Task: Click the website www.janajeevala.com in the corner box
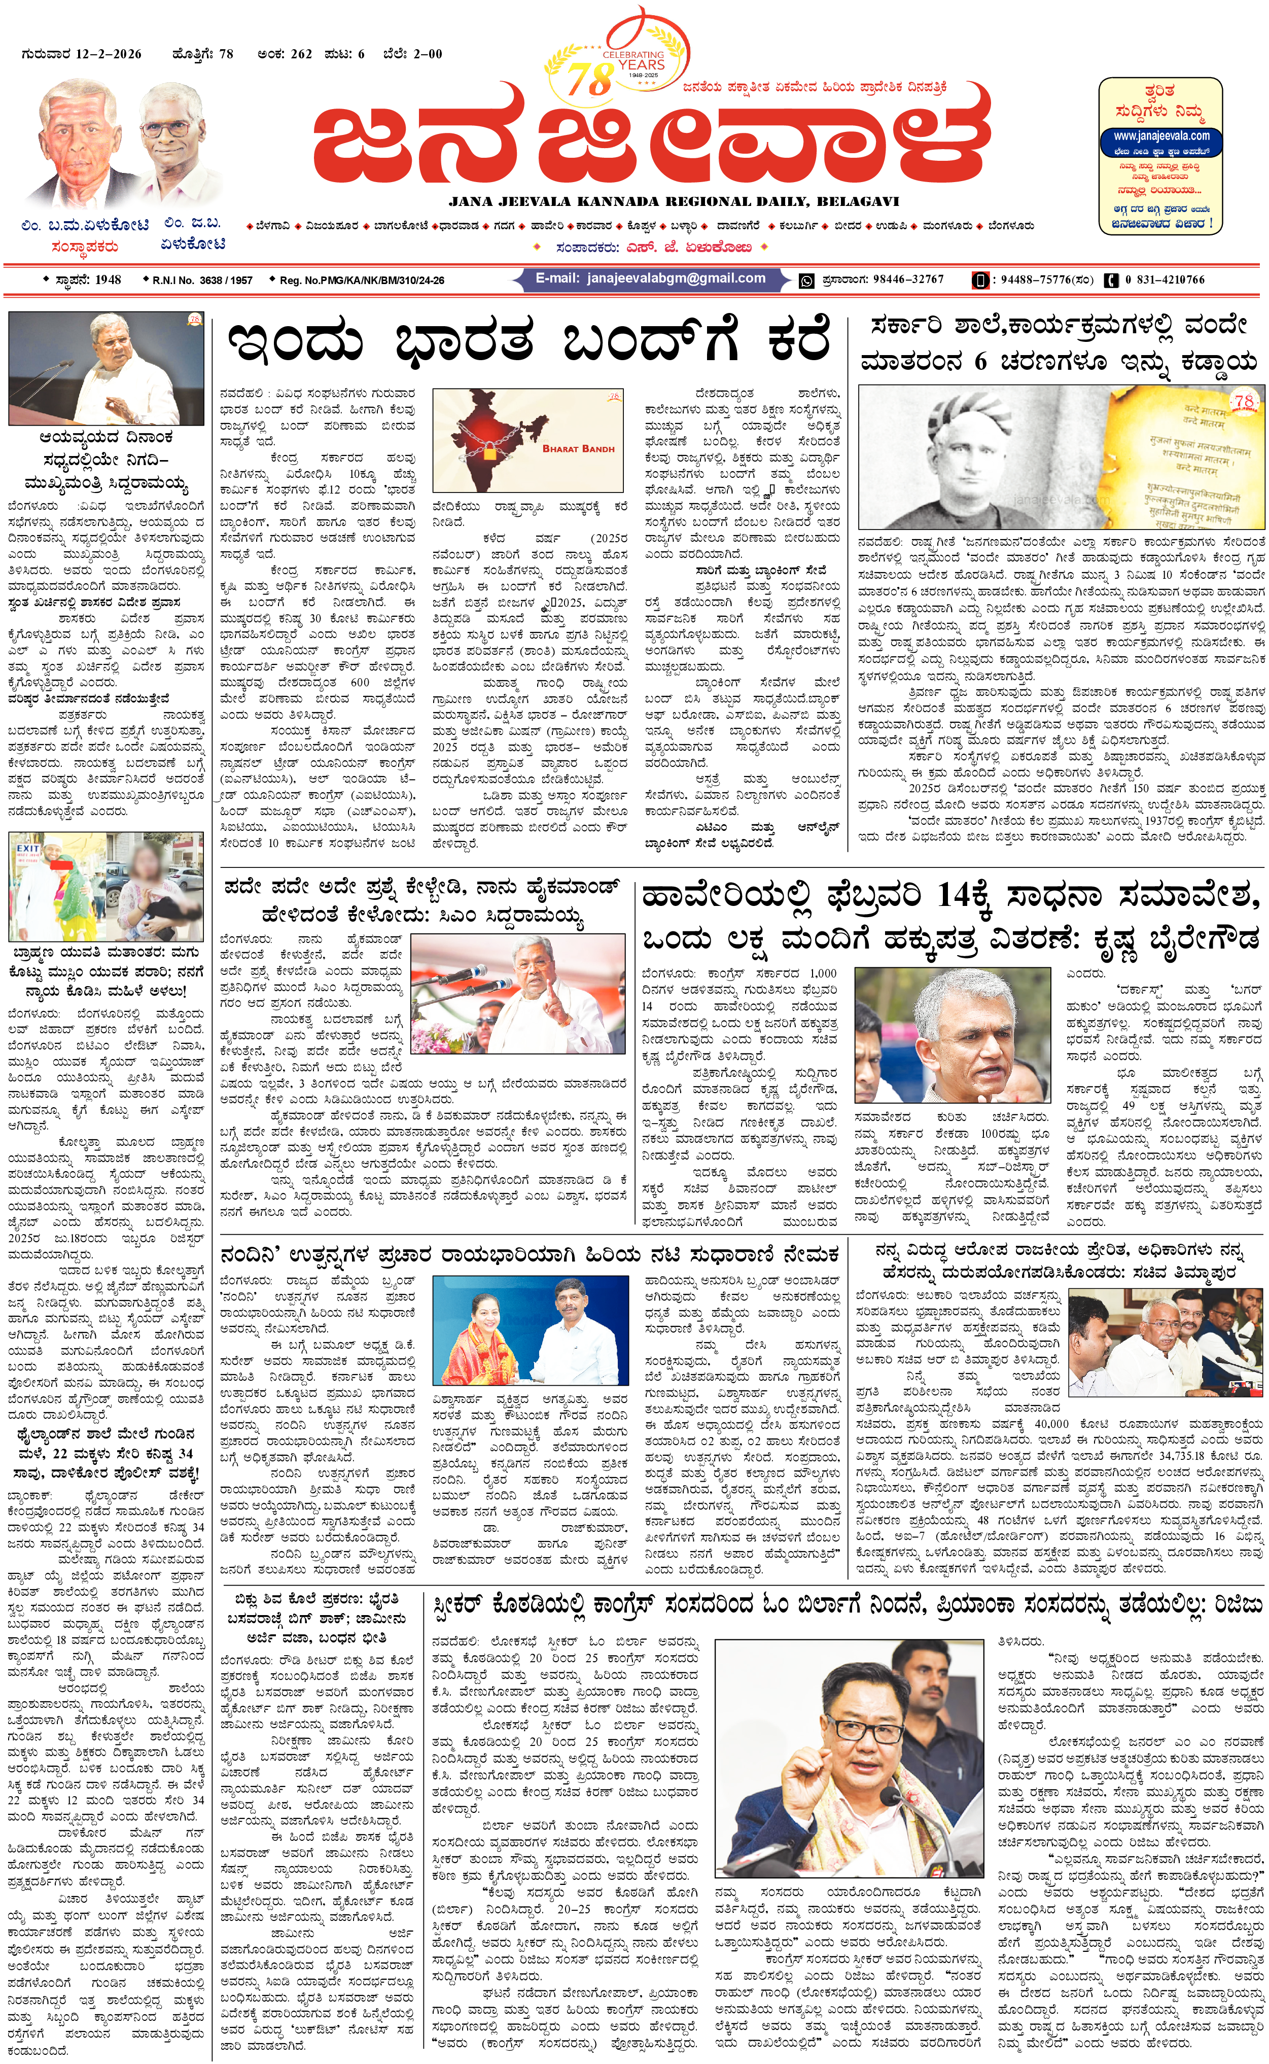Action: tap(1161, 136)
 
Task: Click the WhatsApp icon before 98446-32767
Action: tap(806, 281)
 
